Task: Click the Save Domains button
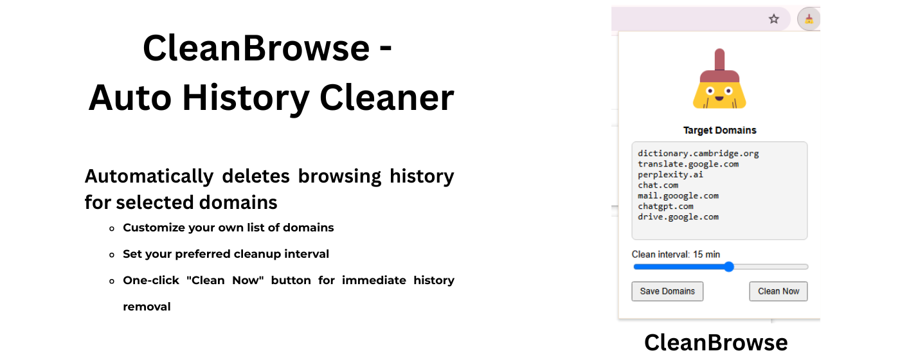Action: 667,291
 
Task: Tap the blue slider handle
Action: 728,267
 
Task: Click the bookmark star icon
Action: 774,19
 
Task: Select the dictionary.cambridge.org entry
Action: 698,154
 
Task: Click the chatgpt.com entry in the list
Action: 665,206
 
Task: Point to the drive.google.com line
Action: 678,217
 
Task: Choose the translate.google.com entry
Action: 688,164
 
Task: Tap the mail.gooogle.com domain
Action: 678,195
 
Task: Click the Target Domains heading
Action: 719,130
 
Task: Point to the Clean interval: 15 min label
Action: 676,255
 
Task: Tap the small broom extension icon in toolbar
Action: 809,19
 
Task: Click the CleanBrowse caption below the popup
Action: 715,342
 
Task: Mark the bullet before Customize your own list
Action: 112,228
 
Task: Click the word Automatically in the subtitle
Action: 149,176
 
